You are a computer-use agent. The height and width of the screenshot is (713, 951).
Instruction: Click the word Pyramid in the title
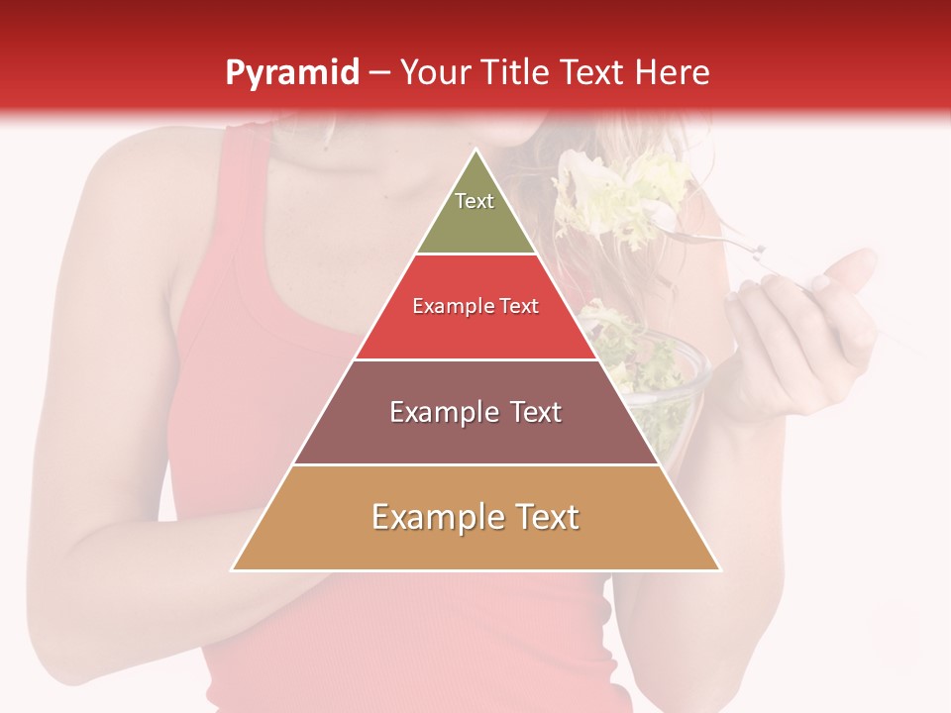pos(291,72)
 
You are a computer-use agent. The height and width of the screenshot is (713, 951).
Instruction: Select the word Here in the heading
pos(674,72)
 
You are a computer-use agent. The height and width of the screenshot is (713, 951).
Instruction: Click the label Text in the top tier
pos(475,201)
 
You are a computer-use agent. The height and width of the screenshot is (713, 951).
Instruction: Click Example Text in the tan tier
pos(475,517)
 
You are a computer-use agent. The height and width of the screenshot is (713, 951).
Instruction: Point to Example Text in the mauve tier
pos(475,412)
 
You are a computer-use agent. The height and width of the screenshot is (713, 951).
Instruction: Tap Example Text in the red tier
pos(475,306)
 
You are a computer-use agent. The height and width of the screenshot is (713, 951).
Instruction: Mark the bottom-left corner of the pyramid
pos(233,569)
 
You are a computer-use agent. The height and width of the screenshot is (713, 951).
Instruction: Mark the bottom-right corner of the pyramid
pos(719,569)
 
